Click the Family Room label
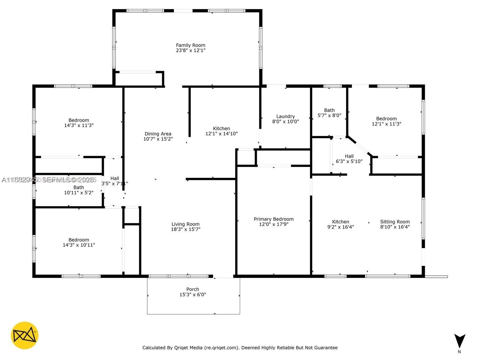[190, 45]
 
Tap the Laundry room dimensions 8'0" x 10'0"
[285, 121]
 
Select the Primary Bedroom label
[274, 219]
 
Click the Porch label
[193, 289]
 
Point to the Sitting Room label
[395, 222]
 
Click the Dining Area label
[158, 134]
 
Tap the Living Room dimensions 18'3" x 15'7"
[185, 229]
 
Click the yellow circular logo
[25, 335]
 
